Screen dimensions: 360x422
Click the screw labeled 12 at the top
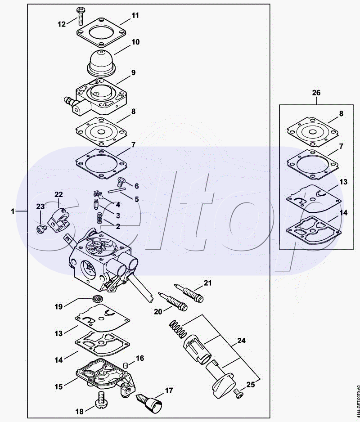tap(80, 16)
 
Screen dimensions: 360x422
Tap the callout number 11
tap(135, 15)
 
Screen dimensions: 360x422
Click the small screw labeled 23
tap(41, 229)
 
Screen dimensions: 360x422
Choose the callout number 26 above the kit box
tap(316, 93)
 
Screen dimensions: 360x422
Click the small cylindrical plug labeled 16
tap(125, 365)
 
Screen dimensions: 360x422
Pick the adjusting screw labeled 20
tap(172, 302)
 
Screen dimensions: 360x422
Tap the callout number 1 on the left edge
tap(13, 211)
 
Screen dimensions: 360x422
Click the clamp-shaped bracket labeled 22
tap(58, 221)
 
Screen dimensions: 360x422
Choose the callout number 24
tap(241, 341)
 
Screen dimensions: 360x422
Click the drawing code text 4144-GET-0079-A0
tap(357, 401)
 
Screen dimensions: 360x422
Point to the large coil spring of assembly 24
tap(178, 328)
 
